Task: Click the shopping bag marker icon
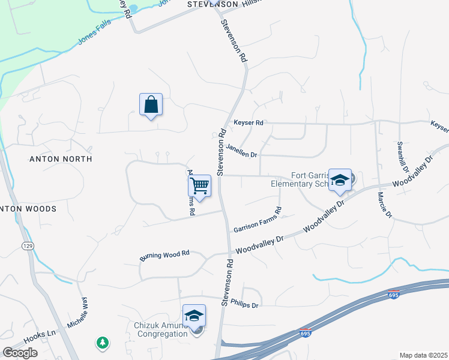tap(151, 104)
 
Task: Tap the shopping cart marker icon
tap(199, 185)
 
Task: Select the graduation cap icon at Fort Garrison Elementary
tap(340, 180)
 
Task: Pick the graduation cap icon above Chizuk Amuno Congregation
tap(194, 315)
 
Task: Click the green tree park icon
tap(103, 343)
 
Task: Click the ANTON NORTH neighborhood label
tap(61, 159)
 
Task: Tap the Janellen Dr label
tap(241, 149)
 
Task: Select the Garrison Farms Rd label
tap(258, 220)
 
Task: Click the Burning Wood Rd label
tap(164, 256)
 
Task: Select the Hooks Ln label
tap(44, 332)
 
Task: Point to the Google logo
tap(20, 352)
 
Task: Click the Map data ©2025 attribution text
tap(423, 355)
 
